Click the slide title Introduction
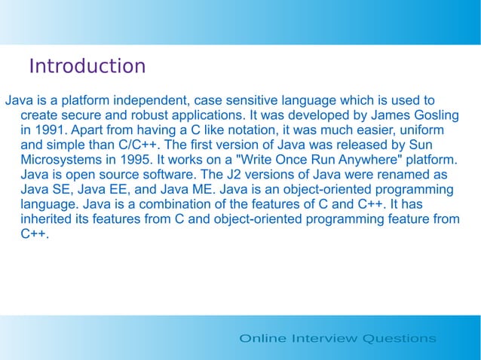tap(87, 66)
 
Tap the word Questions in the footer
tap(399, 338)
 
